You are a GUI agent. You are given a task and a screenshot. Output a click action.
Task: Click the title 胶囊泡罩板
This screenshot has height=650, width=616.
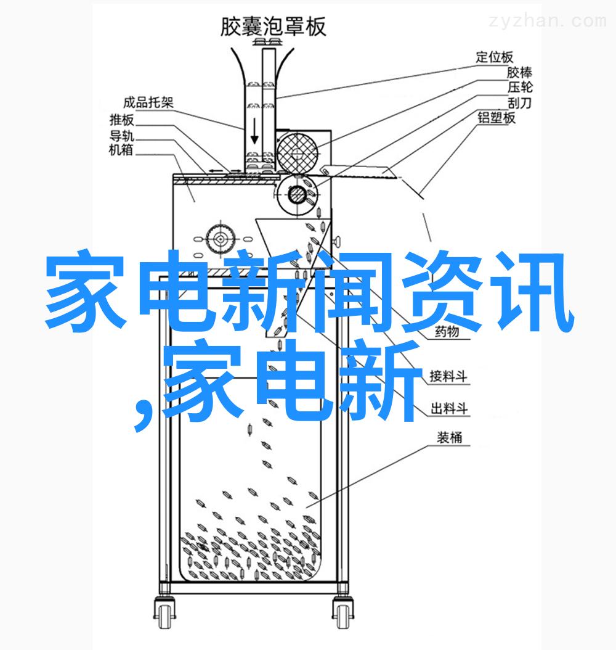point(273,27)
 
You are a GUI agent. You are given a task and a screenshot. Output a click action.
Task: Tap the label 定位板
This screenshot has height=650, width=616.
point(494,57)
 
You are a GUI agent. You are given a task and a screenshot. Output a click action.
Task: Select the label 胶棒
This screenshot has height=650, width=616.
point(519,73)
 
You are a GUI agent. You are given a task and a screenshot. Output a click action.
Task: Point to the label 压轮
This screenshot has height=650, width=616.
point(520,88)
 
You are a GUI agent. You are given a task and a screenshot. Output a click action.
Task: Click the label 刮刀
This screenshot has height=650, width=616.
point(519,102)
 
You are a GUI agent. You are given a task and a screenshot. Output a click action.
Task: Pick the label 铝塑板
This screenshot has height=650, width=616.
point(496,118)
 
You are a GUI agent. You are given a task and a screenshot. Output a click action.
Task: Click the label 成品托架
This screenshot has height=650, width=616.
point(148,102)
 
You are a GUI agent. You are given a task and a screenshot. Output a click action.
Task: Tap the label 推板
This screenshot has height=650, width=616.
point(122,120)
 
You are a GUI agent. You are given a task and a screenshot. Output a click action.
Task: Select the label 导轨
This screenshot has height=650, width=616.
point(122,135)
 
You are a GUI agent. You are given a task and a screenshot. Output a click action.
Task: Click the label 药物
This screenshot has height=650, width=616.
point(447,332)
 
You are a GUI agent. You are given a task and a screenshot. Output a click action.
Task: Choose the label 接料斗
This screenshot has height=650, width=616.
point(448,376)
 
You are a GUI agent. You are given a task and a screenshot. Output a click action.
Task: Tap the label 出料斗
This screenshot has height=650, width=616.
point(449,408)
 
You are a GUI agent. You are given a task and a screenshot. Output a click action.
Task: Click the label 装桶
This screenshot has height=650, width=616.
point(450,437)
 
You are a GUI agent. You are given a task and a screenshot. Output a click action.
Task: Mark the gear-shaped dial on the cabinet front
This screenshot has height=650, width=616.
point(221,239)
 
